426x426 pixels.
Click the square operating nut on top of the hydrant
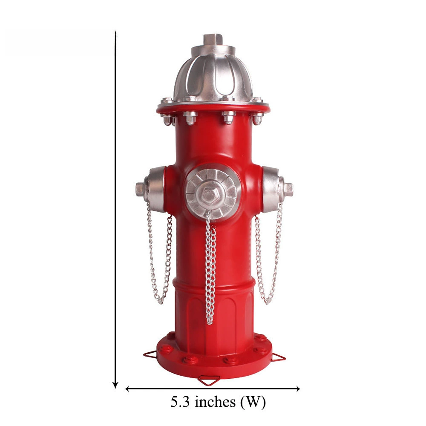pyautogui.click(x=213, y=39)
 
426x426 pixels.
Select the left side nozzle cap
pyautogui.click(x=152, y=189)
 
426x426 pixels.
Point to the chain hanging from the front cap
pyautogui.click(x=210, y=268)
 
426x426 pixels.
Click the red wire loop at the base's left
pyautogui.click(x=150, y=354)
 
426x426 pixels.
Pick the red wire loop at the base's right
pyautogui.click(x=279, y=357)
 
